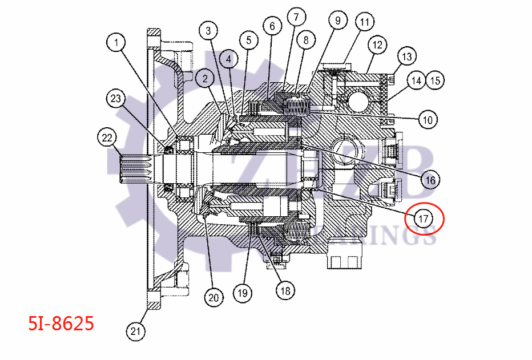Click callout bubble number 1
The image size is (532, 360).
116,42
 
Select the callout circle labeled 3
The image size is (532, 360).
209,30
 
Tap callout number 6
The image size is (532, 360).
272,26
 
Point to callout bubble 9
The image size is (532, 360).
337,21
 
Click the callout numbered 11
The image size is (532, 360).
364,23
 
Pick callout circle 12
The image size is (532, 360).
376,44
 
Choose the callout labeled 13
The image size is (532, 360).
406,57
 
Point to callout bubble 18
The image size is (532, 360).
285,290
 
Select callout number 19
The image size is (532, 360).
243,293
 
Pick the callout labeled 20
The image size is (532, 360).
213,297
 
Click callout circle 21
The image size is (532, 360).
135,331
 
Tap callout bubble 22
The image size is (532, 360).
107,137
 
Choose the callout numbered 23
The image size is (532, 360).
116,98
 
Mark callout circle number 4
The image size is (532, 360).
228,58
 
